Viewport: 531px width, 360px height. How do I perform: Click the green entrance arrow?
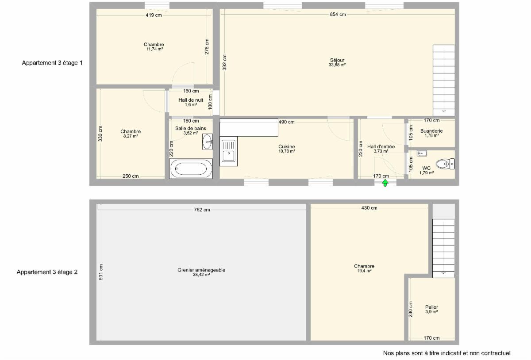click(x=385, y=183)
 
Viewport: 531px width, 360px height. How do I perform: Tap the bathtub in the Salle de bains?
click(x=191, y=169)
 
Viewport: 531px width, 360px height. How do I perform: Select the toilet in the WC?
click(x=445, y=164)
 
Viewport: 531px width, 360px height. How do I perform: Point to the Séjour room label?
click(x=337, y=60)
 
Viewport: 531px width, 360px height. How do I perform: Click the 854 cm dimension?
click(x=338, y=14)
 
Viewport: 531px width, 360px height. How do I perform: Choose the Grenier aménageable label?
click(x=201, y=270)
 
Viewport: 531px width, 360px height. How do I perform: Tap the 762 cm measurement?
click(x=202, y=210)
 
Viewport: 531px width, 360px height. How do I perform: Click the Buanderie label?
click(x=431, y=131)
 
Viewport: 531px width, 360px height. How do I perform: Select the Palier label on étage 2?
click(x=431, y=307)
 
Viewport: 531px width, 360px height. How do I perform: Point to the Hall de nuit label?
click(x=191, y=100)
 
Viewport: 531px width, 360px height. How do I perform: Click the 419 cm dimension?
click(x=154, y=15)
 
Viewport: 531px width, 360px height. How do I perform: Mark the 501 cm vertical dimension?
click(x=101, y=272)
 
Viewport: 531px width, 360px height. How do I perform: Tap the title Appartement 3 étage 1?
click(x=52, y=63)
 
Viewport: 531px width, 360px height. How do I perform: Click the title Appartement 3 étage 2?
click(x=47, y=272)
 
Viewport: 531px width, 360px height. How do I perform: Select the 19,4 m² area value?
click(x=364, y=271)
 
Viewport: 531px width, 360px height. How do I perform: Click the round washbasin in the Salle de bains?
click(x=207, y=142)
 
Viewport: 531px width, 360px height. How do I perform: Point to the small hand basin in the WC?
click(x=422, y=153)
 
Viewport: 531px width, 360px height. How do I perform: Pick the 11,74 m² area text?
click(x=154, y=49)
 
